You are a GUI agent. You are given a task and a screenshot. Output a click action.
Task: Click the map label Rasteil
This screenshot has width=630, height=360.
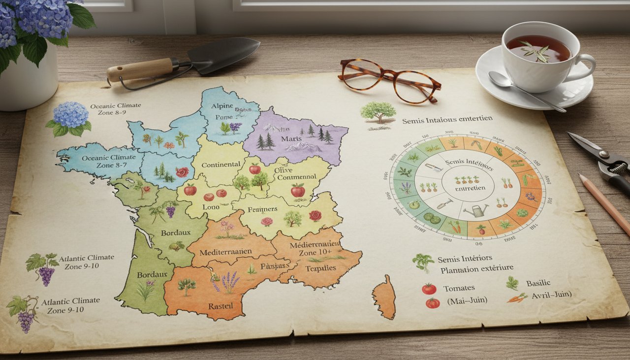point(220,306)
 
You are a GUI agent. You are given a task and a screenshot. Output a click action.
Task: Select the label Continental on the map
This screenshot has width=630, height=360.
point(220,164)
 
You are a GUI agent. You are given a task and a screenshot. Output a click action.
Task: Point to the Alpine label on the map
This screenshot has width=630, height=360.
point(221,106)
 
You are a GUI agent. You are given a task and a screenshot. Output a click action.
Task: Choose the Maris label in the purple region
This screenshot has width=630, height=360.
point(291,139)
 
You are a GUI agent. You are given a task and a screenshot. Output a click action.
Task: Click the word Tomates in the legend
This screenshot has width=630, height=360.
point(459,288)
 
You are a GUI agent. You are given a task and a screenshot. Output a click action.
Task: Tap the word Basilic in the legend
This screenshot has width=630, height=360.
point(538,283)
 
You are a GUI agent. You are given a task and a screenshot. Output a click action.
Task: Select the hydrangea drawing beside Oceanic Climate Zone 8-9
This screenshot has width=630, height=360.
point(70,118)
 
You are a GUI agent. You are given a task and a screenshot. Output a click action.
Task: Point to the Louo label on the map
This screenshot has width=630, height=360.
point(211,207)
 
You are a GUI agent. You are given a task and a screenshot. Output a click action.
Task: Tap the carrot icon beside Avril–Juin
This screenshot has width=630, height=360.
point(517,297)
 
